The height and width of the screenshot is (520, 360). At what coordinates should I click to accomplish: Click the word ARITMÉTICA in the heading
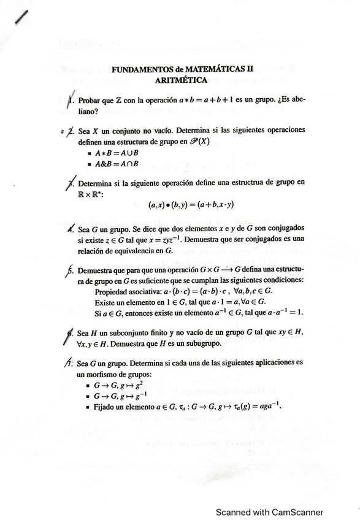tap(181, 80)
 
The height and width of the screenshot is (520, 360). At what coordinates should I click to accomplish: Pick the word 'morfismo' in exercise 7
tap(104, 373)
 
